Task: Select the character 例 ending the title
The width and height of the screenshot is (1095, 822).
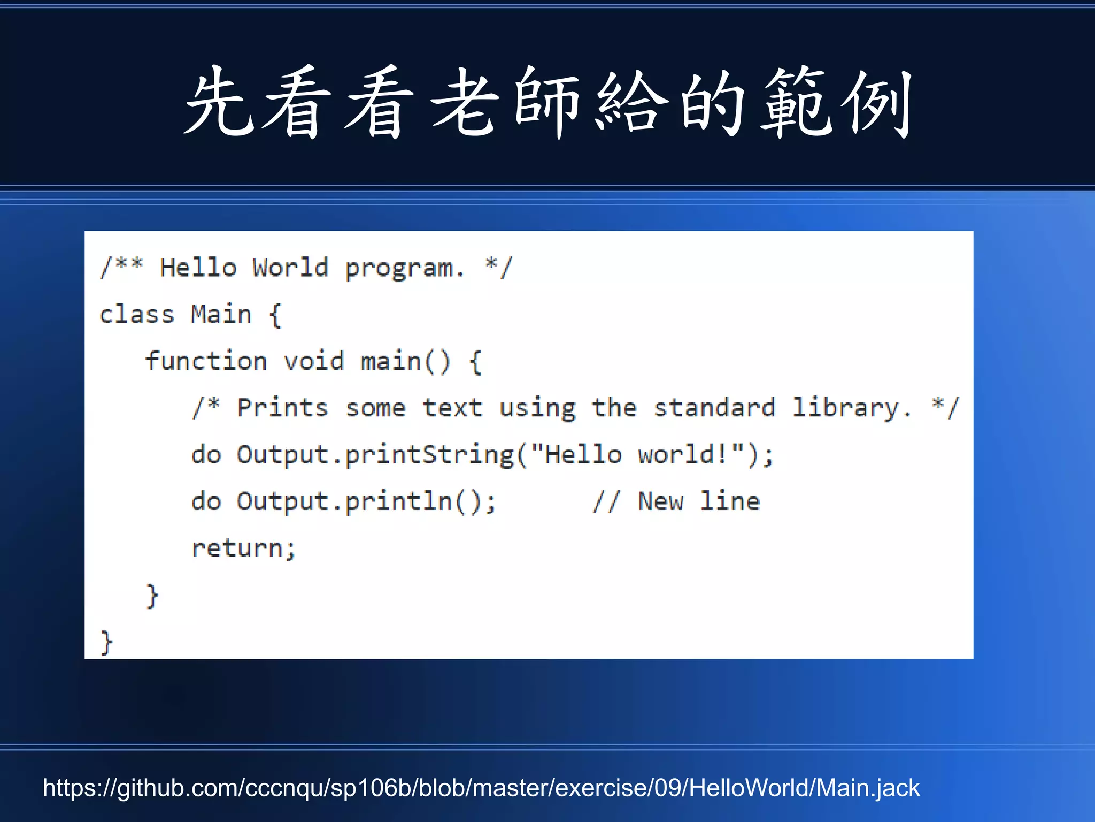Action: click(x=877, y=103)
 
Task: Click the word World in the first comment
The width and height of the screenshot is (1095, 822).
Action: click(x=290, y=268)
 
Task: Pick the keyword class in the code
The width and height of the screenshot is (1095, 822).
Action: click(x=137, y=314)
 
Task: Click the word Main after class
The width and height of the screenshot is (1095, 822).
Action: click(x=221, y=314)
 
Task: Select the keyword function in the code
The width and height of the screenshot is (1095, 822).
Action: click(x=206, y=361)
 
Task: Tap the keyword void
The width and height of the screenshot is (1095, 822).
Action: click(x=314, y=361)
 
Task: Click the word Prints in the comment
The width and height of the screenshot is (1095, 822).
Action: click(x=282, y=408)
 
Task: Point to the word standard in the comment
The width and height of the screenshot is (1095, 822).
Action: click(x=714, y=408)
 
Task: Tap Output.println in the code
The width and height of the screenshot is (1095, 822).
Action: click(x=344, y=502)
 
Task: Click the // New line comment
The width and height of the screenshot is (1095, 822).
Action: click(x=676, y=502)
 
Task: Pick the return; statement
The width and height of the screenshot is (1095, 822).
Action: click(x=244, y=549)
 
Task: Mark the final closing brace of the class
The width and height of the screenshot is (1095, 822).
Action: click(x=106, y=642)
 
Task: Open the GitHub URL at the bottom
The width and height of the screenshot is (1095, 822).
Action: click(x=481, y=788)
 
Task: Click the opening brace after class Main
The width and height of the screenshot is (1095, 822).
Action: click(x=275, y=315)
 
